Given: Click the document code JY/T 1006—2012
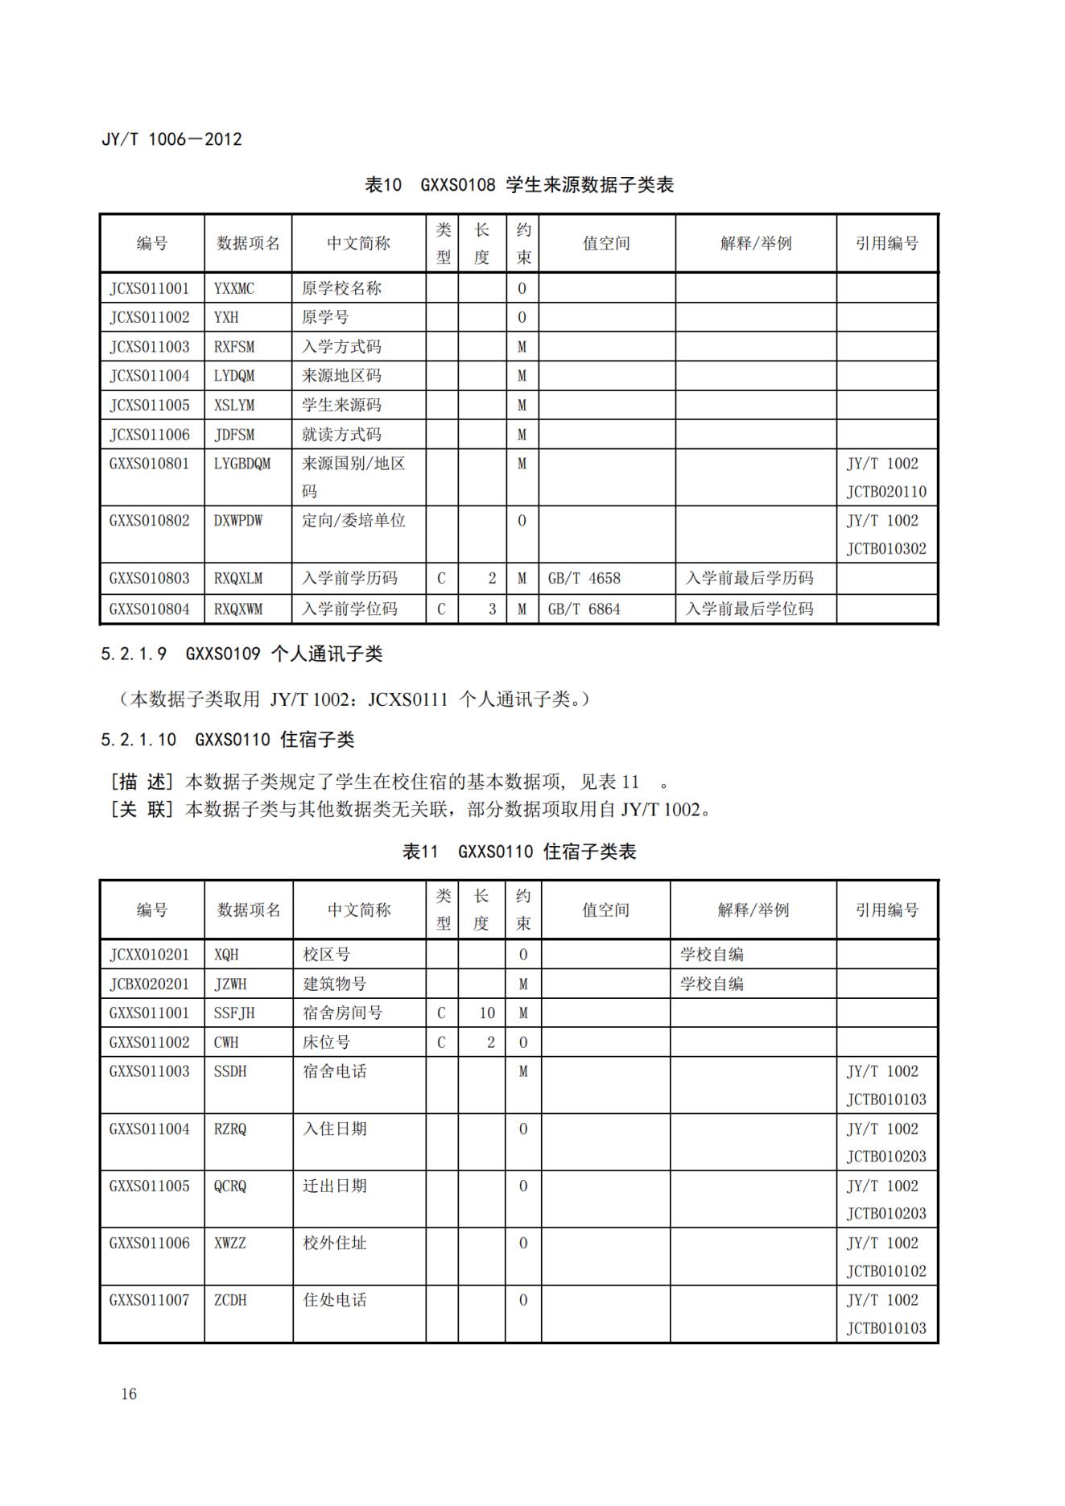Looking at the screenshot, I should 171,139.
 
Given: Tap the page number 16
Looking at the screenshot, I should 129,1394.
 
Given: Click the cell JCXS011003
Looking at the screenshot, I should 150,347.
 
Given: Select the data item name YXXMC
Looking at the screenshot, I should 233,288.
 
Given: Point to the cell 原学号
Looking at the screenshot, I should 325,317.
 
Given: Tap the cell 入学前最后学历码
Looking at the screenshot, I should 749,579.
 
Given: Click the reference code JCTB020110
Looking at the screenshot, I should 885,492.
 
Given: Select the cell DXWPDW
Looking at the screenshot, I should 238,521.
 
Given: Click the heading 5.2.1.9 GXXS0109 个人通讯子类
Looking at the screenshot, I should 241,654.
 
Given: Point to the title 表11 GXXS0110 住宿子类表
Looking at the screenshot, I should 519,852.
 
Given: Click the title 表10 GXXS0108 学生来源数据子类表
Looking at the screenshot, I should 519,185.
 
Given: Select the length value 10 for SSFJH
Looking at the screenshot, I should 487,1013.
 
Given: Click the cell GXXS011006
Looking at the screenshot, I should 150,1243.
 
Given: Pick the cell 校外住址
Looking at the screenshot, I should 334,1243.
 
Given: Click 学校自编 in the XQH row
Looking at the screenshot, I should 712,955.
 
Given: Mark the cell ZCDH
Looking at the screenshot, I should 230,1300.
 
